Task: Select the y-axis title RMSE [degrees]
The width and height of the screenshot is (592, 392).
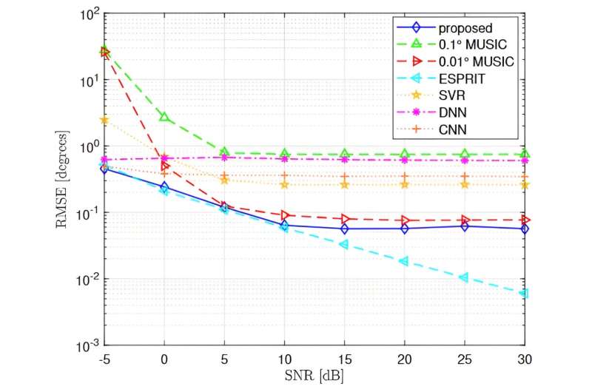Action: [64, 180]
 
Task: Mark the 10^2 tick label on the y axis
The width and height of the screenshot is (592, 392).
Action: [88, 13]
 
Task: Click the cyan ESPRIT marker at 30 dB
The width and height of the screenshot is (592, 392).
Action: [524, 294]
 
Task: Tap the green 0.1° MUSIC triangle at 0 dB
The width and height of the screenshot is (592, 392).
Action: [164, 118]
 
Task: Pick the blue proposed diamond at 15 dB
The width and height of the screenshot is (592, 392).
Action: [345, 229]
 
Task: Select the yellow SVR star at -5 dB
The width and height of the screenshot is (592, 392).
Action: [104, 120]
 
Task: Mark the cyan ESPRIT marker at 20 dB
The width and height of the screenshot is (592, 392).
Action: [404, 261]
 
